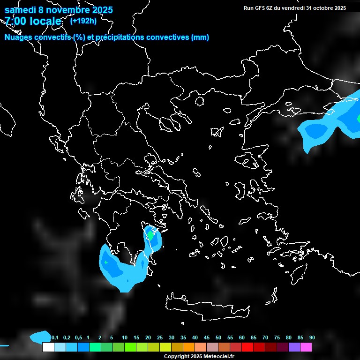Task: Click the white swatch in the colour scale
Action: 48,347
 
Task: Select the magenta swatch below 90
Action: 306,347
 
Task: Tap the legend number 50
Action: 218,338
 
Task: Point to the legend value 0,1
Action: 54,338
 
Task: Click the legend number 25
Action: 160,338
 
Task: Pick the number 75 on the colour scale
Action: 277,338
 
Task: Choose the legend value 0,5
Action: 78,338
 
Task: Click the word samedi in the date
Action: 21,10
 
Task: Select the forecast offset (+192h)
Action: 84,21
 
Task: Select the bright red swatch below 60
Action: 247,347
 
